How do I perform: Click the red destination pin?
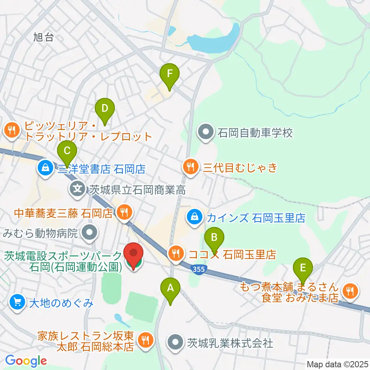point(134,256)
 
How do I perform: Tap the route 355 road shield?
point(198,268)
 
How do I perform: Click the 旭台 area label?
point(43,37)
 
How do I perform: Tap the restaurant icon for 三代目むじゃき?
point(190,167)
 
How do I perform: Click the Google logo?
point(26,361)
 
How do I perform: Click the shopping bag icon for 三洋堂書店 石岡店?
point(45,168)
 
